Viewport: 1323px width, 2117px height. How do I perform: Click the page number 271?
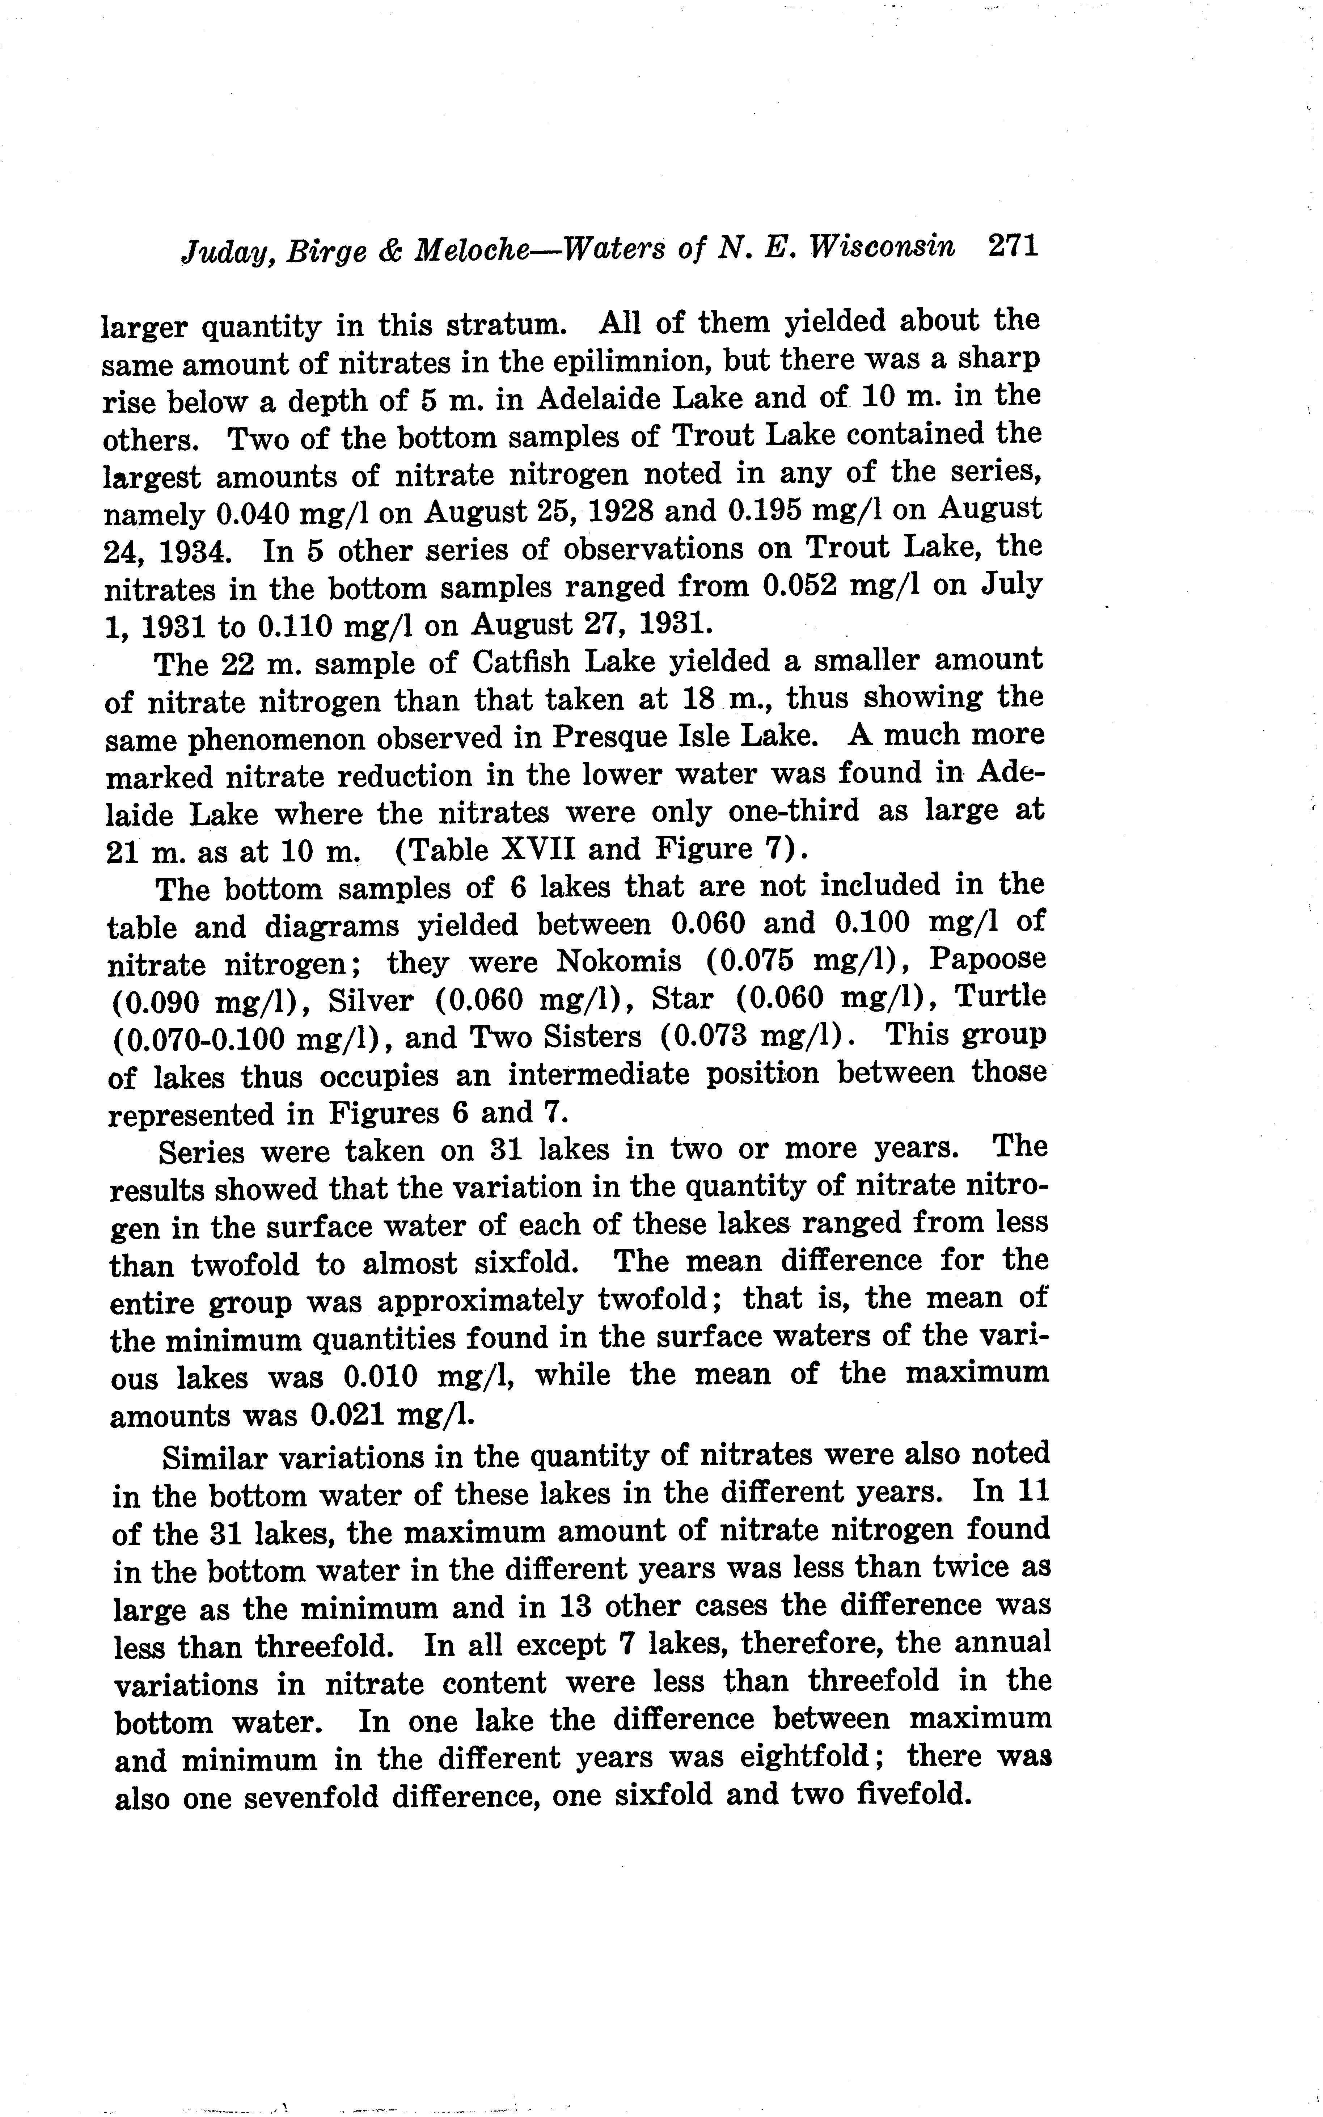1013,246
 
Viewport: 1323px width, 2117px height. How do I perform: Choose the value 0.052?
799,586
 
